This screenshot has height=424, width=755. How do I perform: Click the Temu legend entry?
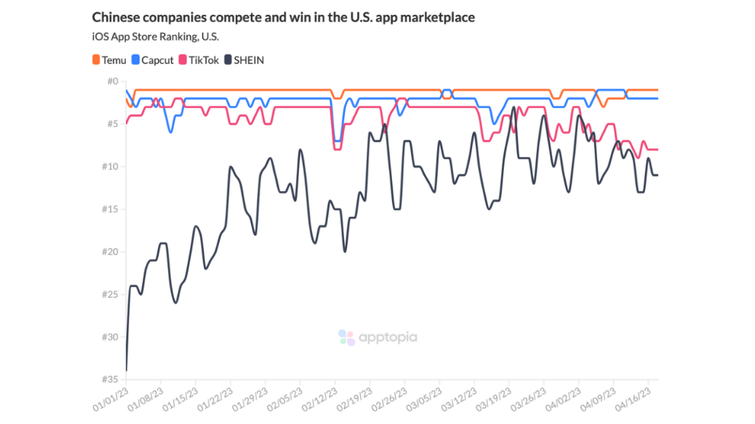point(109,60)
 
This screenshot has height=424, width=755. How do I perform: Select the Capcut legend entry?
point(152,60)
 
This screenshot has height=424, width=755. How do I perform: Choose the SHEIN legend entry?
point(244,60)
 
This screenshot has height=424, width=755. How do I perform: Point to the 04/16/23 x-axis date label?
point(634,399)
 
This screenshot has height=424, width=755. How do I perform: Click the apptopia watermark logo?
point(377,338)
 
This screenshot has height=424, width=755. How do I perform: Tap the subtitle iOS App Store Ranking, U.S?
point(155,37)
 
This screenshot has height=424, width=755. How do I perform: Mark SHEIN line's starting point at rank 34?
point(126,370)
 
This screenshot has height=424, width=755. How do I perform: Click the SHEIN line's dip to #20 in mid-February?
point(345,251)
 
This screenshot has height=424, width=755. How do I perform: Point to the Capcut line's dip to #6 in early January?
point(170,132)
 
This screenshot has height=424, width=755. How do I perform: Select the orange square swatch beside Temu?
point(96,60)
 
